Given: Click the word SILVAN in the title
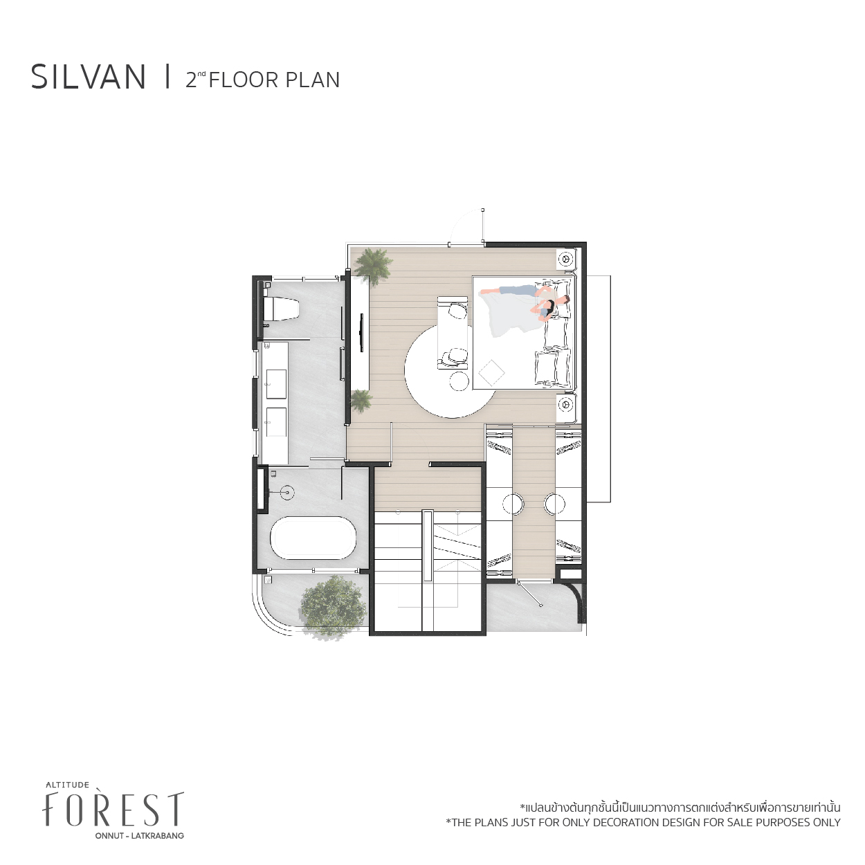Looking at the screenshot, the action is [89, 78].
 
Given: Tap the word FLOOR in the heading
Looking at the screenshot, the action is [244, 80].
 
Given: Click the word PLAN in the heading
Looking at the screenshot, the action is [312, 80].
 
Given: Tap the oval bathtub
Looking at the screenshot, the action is [313, 538].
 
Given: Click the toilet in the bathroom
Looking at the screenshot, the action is [282, 309].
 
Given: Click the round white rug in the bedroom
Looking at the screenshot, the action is [450, 371].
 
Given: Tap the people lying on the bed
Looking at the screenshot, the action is [525, 301].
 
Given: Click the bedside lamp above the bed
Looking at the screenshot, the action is [565, 259].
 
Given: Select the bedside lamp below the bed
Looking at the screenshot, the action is [565, 404].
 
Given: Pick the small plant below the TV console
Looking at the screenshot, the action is [361, 401].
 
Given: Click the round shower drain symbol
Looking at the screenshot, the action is [287, 493].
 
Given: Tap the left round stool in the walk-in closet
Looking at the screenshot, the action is [513, 504].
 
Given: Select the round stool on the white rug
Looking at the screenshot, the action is [459, 381].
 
